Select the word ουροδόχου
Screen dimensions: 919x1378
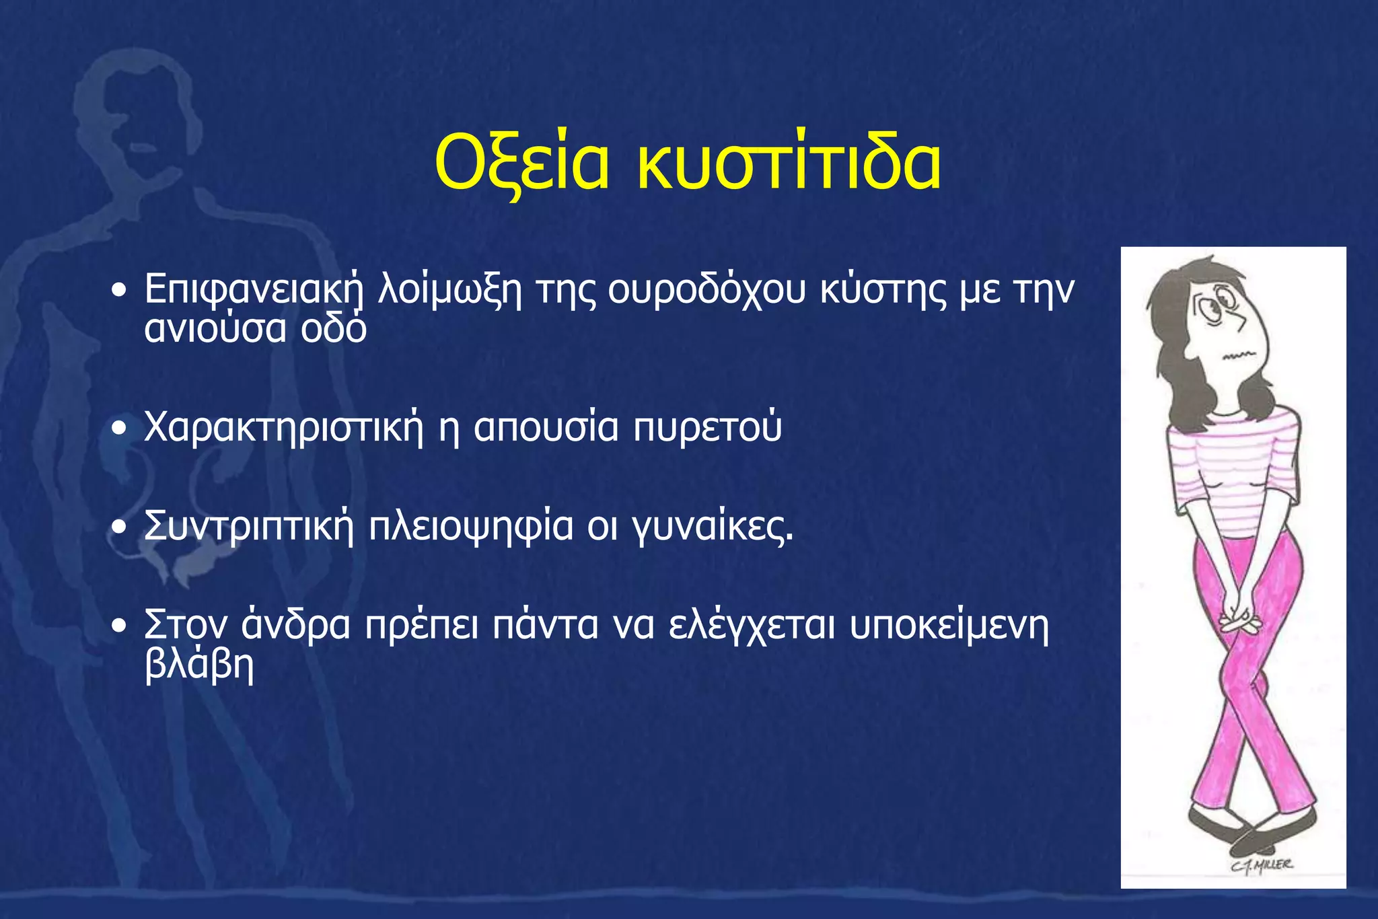(706, 291)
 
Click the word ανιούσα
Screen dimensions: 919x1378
(215, 329)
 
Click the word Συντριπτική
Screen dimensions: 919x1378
(249, 527)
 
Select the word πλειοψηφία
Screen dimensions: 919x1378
(471, 527)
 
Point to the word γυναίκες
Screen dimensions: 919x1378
(713, 527)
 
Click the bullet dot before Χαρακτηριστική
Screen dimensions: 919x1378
(119, 429)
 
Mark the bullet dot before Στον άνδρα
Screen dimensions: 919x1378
(119, 626)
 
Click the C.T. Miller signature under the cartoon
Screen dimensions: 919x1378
(1262, 866)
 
